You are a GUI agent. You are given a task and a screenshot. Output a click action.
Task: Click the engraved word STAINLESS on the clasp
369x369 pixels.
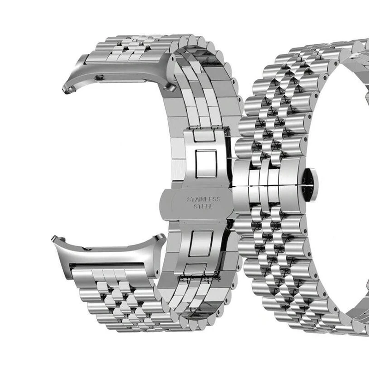pos(203,200)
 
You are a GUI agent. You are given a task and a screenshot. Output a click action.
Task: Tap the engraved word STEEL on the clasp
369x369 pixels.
pos(202,206)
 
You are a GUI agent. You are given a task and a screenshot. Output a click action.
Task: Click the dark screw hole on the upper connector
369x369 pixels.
pos(99,77)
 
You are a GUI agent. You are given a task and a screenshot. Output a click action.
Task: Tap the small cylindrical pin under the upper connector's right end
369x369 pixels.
pos(171,88)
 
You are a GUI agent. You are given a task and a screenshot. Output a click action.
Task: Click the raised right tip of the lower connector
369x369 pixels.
pos(160,237)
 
